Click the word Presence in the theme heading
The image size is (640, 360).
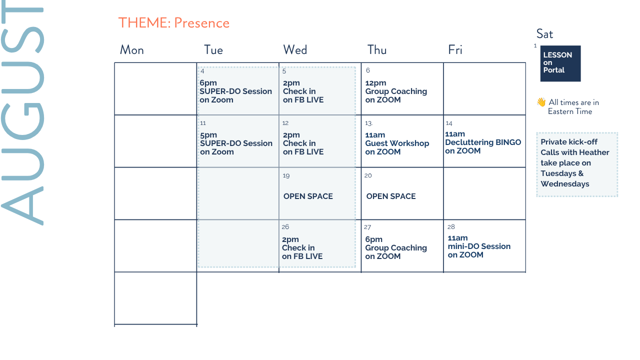click(201, 23)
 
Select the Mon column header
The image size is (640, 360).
click(131, 50)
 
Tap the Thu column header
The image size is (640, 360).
click(377, 50)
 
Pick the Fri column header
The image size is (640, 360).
click(455, 50)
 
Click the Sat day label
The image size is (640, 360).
click(544, 34)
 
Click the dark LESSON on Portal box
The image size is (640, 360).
click(560, 63)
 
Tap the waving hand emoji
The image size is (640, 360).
click(541, 102)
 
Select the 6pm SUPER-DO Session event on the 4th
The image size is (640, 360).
click(235, 91)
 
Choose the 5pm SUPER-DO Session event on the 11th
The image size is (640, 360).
click(236, 143)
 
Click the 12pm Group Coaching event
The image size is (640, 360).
click(396, 91)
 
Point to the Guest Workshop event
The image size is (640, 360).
click(397, 143)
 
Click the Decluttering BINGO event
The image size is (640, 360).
click(483, 142)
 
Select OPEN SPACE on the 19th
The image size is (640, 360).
click(308, 196)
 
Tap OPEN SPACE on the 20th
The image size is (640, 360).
click(391, 196)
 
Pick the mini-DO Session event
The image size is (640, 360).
click(479, 246)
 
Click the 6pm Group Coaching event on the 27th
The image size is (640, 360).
click(396, 247)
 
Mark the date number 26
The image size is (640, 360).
click(285, 227)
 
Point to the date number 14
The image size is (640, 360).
click(449, 123)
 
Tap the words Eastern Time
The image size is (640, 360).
click(569, 111)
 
